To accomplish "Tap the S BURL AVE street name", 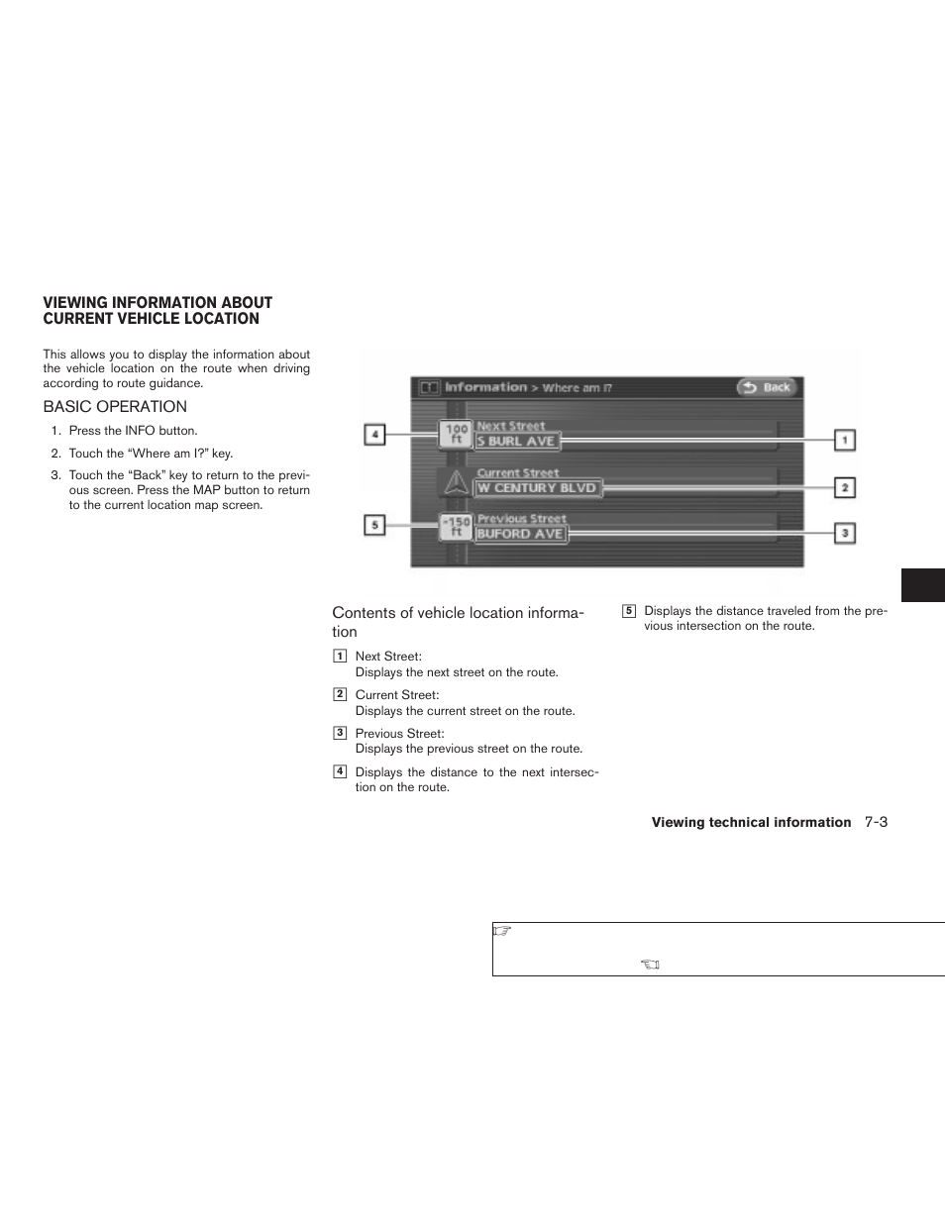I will point(517,442).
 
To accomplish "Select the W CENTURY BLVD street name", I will point(538,488).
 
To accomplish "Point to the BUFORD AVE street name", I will point(520,534).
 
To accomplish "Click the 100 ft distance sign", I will point(456,434).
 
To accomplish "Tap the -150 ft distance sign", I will point(456,527).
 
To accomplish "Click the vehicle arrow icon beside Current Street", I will point(455,483).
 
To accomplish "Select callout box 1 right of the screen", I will point(844,440).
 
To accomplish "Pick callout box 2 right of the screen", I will point(844,487).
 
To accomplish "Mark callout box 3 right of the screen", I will point(844,534).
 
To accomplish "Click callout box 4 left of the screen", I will point(374,434).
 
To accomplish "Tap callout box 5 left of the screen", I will point(374,526).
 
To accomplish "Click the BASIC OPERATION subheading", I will point(115,407).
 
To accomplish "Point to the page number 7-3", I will point(875,822).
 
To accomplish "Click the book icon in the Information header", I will point(429,388).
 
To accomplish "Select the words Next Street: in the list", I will point(388,657).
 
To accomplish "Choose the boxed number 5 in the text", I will point(628,611).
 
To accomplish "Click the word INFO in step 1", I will point(140,431).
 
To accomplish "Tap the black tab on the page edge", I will point(922,585).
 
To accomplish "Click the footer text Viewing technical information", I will point(751,823).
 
